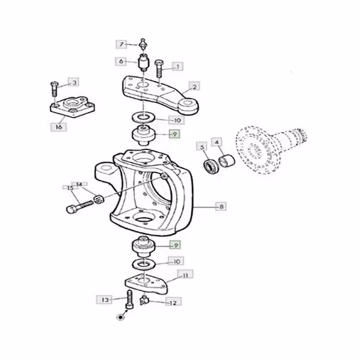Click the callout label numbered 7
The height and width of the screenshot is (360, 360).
coord(121,44)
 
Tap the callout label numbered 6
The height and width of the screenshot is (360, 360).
coord(121,62)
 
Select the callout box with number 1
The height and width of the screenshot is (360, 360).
coord(178,67)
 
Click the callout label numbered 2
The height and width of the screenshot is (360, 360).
coord(195,87)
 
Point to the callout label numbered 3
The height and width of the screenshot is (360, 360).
coord(74,82)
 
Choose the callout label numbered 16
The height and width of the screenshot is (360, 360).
coord(59,127)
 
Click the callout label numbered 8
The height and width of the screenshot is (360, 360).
coord(222,207)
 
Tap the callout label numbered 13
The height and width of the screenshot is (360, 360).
coord(104,300)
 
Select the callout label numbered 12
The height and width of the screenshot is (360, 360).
coord(173,302)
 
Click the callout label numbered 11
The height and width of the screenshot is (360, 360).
coord(185,276)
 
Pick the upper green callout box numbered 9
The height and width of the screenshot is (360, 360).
coord(175,134)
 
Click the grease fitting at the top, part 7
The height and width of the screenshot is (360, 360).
coord(143,45)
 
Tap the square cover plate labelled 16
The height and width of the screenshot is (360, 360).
coord(72,108)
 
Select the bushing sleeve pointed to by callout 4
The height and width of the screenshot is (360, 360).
coord(227,160)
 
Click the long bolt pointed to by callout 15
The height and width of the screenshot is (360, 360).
coord(80,207)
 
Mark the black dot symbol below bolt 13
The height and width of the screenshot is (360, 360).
coord(121,317)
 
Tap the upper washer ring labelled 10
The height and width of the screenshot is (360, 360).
coord(143,117)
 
